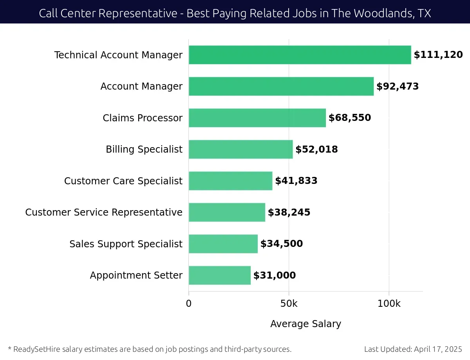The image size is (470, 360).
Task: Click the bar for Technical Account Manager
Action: (x=300, y=55)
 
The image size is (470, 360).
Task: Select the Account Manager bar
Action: (x=281, y=86)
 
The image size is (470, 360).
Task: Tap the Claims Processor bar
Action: (x=257, y=118)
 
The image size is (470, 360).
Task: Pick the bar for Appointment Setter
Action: (x=219, y=275)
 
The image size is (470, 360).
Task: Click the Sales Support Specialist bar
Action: (x=223, y=244)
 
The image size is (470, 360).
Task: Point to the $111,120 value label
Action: (x=438, y=55)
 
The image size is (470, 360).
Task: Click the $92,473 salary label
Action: (x=398, y=86)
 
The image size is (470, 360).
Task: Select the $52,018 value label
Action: (x=316, y=149)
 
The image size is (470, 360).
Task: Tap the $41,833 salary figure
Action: (x=296, y=181)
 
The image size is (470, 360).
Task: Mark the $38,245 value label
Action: (x=289, y=212)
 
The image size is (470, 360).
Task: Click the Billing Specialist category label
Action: (x=144, y=149)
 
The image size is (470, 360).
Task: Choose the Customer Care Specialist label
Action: (x=123, y=181)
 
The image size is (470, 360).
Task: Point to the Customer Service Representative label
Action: (x=104, y=212)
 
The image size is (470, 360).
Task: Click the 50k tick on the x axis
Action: (x=289, y=304)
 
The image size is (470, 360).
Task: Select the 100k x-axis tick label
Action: (x=389, y=304)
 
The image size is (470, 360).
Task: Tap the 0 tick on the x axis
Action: (x=189, y=304)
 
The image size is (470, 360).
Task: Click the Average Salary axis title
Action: (x=305, y=324)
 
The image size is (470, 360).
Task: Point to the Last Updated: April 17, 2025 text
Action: (x=413, y=349)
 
